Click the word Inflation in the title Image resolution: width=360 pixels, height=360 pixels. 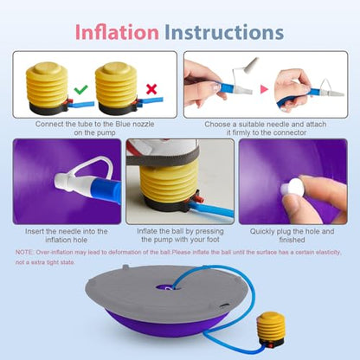[117, 32]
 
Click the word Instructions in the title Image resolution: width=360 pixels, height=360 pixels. [224, 32]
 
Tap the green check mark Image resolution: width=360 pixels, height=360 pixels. [81, 89]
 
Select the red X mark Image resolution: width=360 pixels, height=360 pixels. [151, 89]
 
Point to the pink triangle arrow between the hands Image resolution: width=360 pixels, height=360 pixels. [264, 89]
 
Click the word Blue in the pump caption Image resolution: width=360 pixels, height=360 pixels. [123, 124]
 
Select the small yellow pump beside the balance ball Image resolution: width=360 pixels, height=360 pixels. [271, 330]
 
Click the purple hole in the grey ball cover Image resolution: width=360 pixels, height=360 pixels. [165, 287]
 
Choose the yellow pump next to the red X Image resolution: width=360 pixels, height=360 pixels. [118, 88]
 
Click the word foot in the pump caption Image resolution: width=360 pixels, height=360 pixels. [213, 240]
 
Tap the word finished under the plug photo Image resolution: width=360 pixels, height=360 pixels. [292, 240]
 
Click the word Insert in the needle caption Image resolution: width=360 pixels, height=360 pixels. [35, 231]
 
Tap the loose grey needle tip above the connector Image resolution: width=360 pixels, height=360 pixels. [252, 64]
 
